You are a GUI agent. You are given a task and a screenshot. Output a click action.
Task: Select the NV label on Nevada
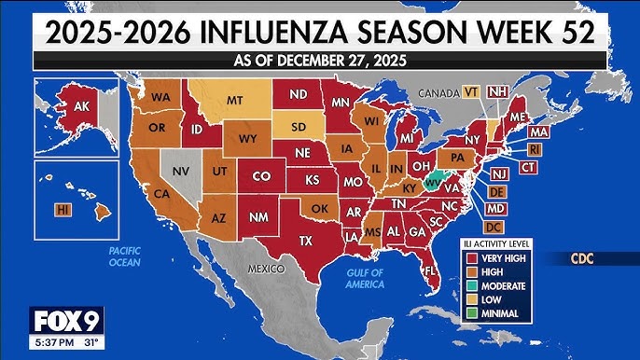182,172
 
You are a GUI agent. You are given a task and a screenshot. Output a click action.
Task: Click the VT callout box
473,91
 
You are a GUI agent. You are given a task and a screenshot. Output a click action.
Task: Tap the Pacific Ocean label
124,256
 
